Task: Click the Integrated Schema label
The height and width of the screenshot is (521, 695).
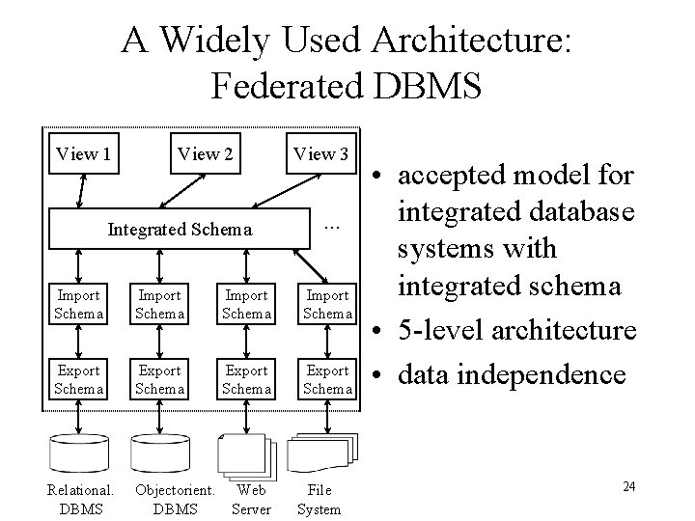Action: click(x=180, y=230)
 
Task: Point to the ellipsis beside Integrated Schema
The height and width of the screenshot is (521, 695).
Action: click(x=332, y=227)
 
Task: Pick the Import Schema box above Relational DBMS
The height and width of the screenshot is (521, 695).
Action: click(x=79, y=304)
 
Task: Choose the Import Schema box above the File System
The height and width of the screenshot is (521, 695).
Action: click(x=327, y=304)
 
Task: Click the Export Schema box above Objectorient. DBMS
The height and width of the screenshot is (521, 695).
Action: click(x=160, y=379)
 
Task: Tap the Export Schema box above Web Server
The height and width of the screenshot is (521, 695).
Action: click(x=246, y=379)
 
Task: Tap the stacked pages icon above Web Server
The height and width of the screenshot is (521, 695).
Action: click(x=247, y=455)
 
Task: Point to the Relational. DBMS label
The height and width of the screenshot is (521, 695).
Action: click(x=80, y=499)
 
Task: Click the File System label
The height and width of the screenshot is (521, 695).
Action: click(x=319, y=499)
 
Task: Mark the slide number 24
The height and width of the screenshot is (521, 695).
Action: click(x=628, y=486)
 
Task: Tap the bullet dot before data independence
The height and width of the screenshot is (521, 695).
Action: click(x=377, y=374)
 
